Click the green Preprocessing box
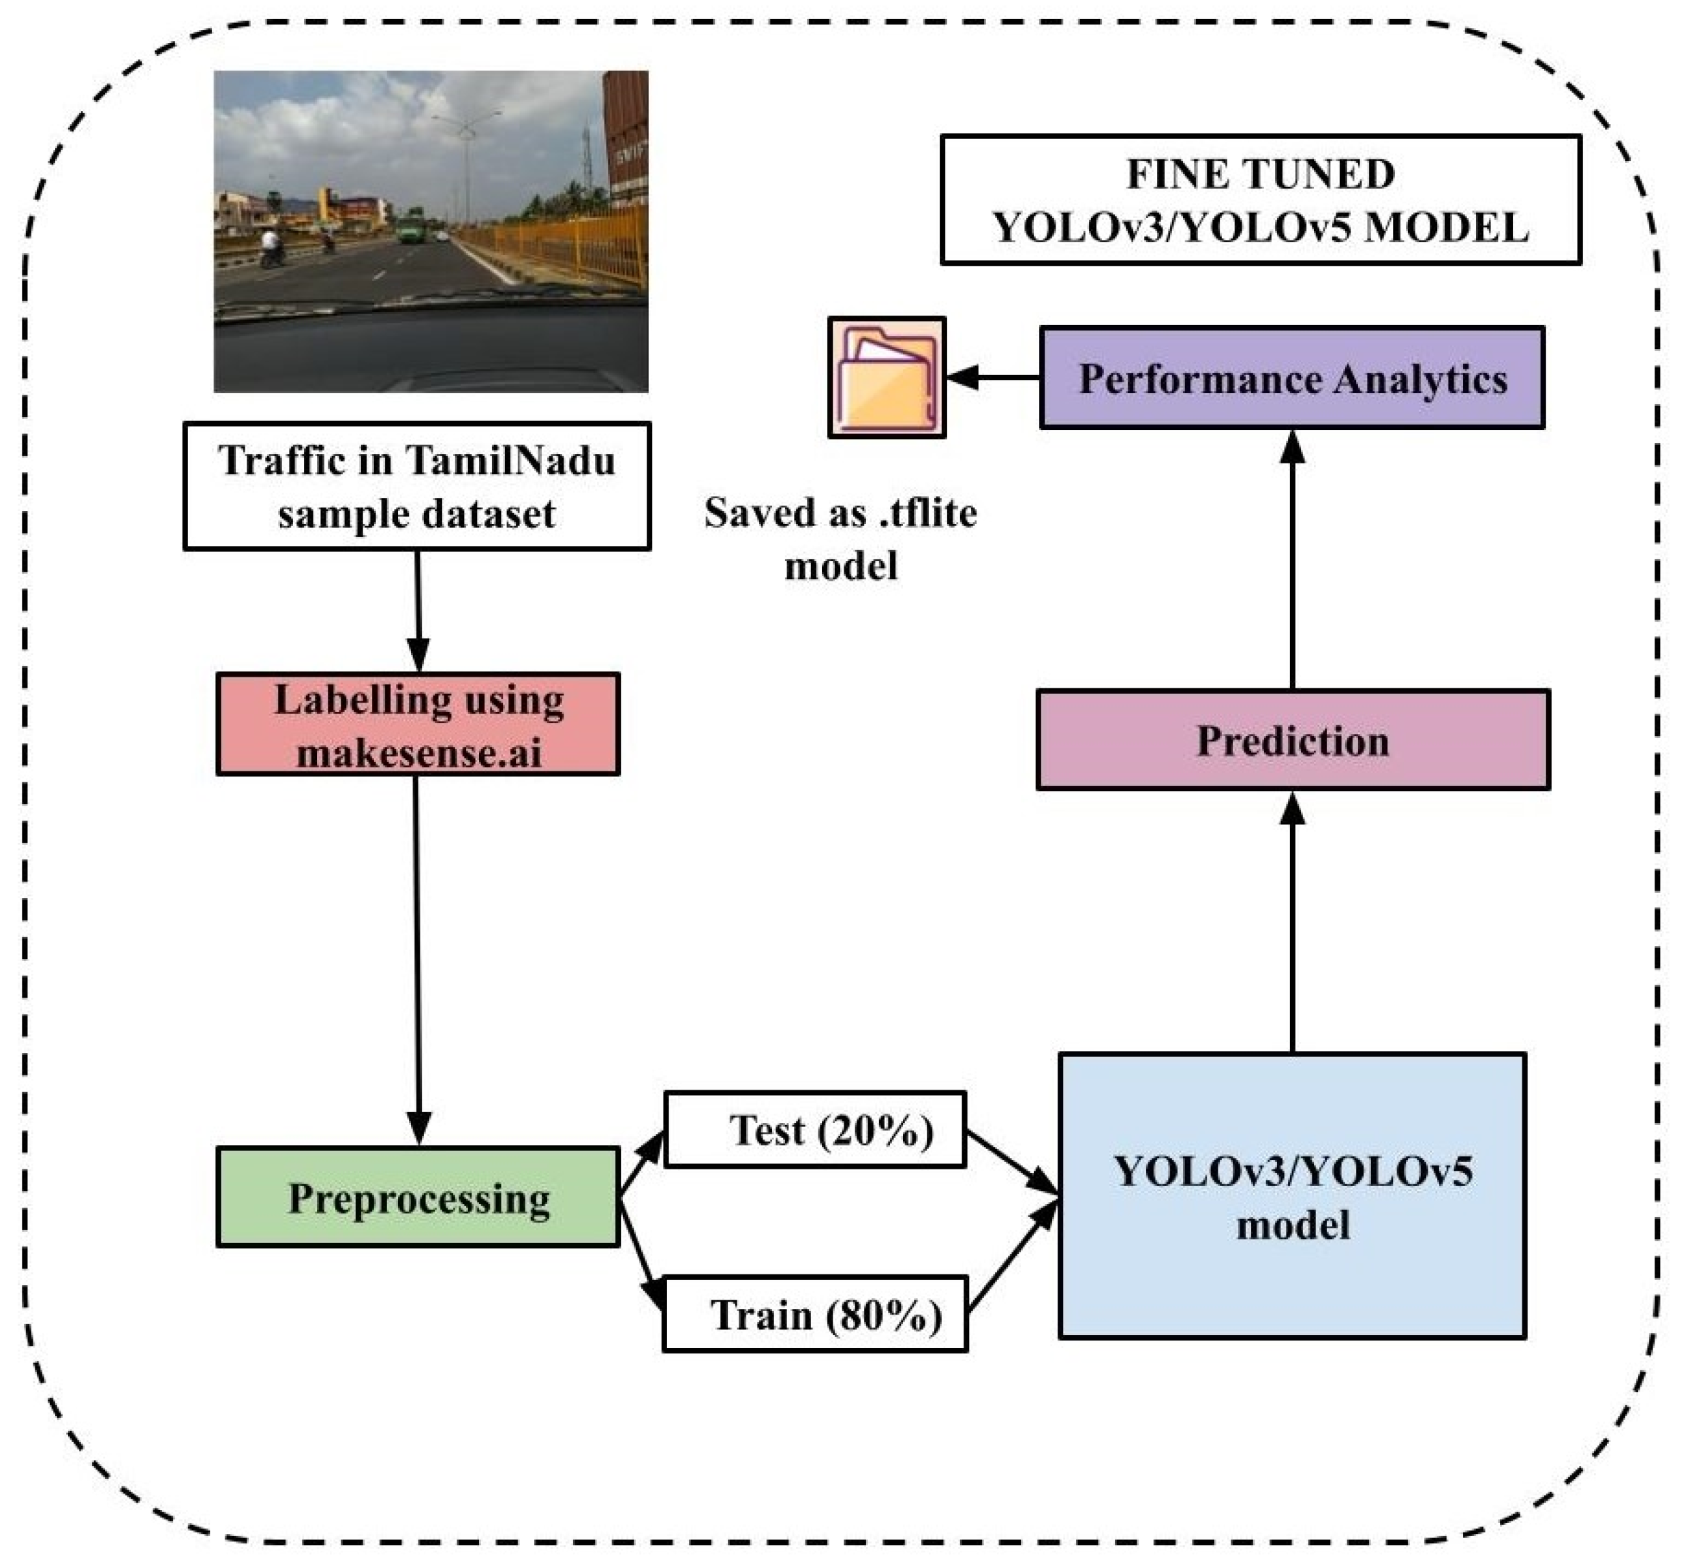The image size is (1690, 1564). coord(417,1197)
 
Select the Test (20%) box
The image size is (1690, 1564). coord(814,1130)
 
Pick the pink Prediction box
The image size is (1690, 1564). coord(1292,739)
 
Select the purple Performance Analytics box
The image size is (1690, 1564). coord(1291,378)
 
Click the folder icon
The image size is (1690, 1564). coord(886,378)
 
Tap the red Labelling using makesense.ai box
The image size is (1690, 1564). coord(417,724)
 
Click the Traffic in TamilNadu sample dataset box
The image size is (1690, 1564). coord(416,487)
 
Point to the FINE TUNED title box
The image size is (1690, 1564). coord(1260,200)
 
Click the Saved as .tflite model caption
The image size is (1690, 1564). coord(840,538)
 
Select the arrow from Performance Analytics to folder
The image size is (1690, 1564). coord(992,378)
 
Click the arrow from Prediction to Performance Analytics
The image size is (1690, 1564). coord(1291,559)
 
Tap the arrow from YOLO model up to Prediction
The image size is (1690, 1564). coord(1291,923)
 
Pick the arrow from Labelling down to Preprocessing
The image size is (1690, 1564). coord(417,956)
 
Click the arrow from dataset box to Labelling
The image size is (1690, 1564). coord(417,609)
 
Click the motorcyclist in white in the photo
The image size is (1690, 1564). coord(271,245)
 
